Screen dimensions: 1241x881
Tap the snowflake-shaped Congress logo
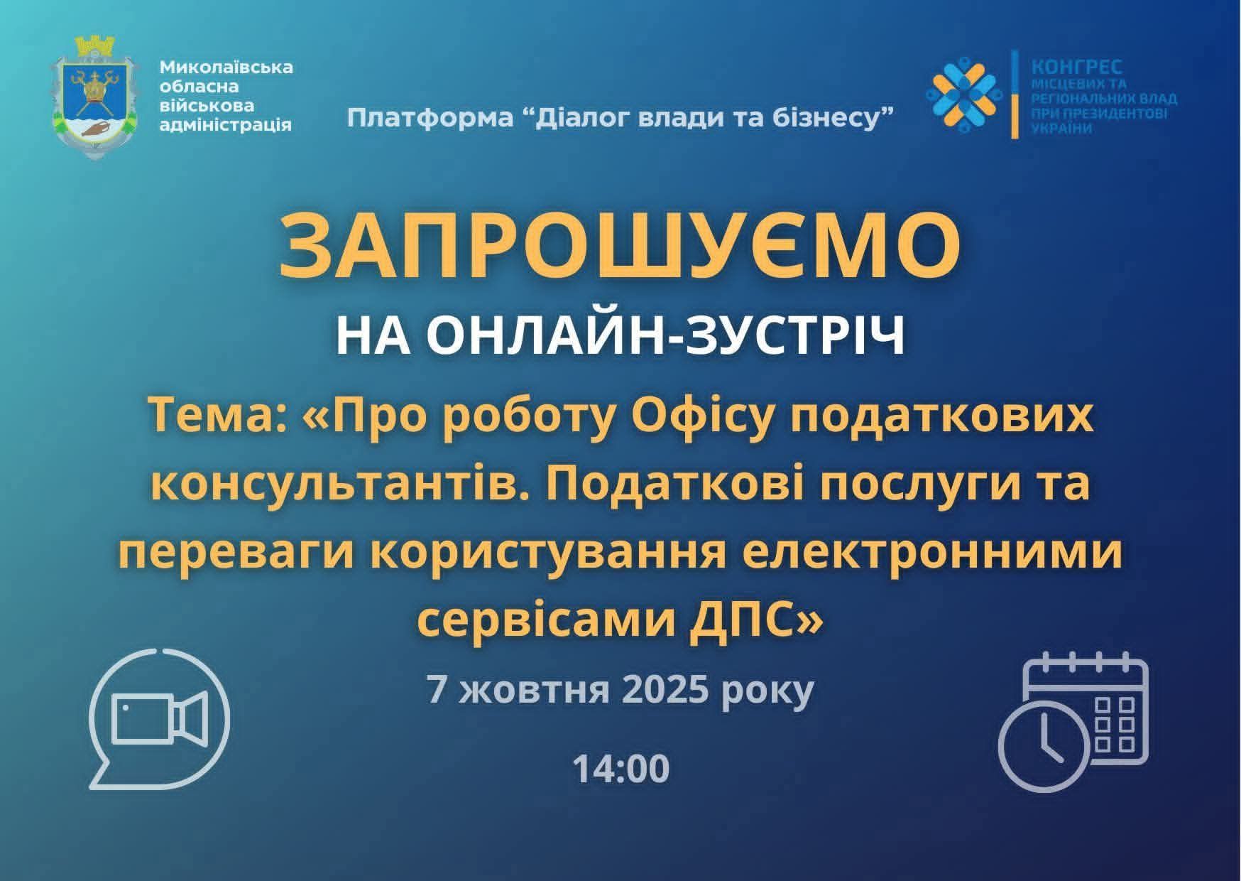965,93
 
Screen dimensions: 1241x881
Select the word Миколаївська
226,68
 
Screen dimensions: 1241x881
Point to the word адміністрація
226,125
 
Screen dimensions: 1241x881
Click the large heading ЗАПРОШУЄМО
620,245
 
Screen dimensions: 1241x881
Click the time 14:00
620,769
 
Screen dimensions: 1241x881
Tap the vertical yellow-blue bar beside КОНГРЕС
1016,94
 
